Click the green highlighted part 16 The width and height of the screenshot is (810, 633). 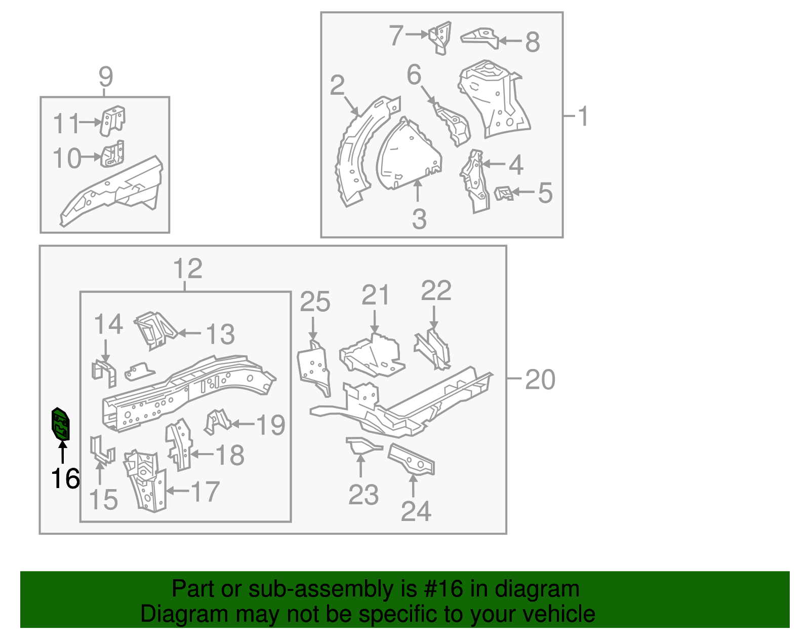[x=61, y=424]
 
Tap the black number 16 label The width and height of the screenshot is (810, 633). [x=65, y=478]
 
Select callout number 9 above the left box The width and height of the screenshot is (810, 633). [x=105, y=77]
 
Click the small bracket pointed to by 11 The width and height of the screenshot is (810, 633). [x=112, y=121]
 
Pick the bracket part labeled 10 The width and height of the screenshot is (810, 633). [x=112, y=155]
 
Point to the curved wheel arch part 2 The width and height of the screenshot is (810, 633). [x=357, y=152]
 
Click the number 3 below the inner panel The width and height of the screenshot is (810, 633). [x=419, y=219]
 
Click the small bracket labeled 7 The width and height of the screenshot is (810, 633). [x=440, y=36]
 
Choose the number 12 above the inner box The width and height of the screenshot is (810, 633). [x=187, y=268]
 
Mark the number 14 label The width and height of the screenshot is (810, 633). [x=108, y=324]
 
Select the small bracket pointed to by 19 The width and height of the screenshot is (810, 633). [x=217, y=421]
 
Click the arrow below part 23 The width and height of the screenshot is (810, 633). [x=360, y=466]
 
